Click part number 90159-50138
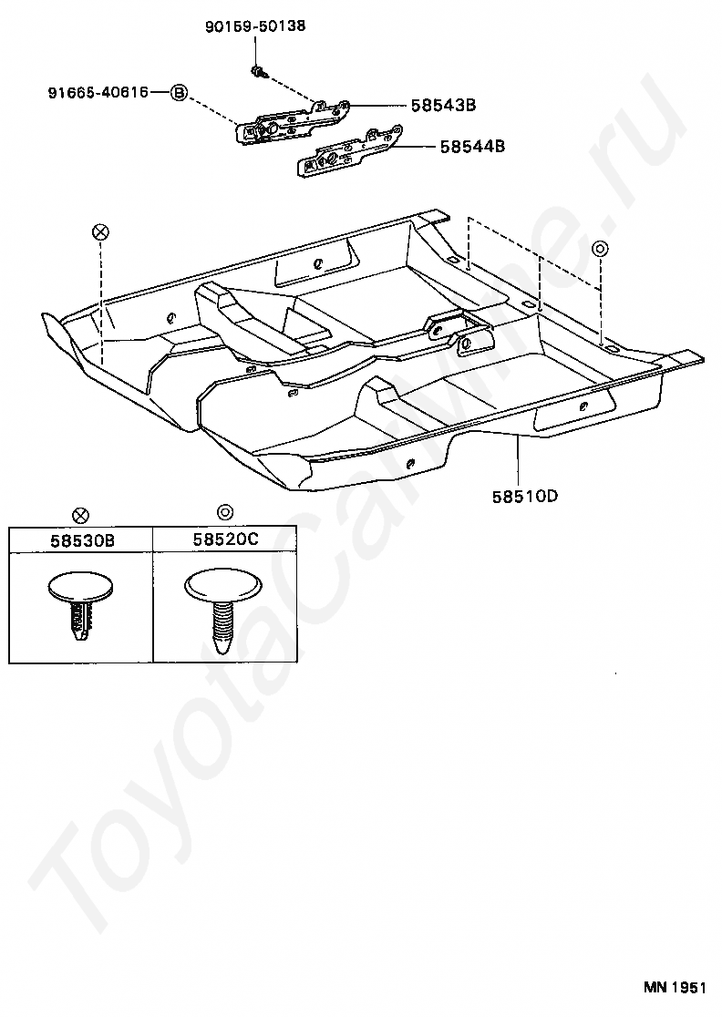coord(255,26)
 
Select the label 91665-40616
coord(98,93)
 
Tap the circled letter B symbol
coord(179,93)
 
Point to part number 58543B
coord(444,105)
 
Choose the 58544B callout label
coord(472,147)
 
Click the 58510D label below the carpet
coord(525,497)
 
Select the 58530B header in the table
coord(82,539)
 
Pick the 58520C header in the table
coord(225,539)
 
